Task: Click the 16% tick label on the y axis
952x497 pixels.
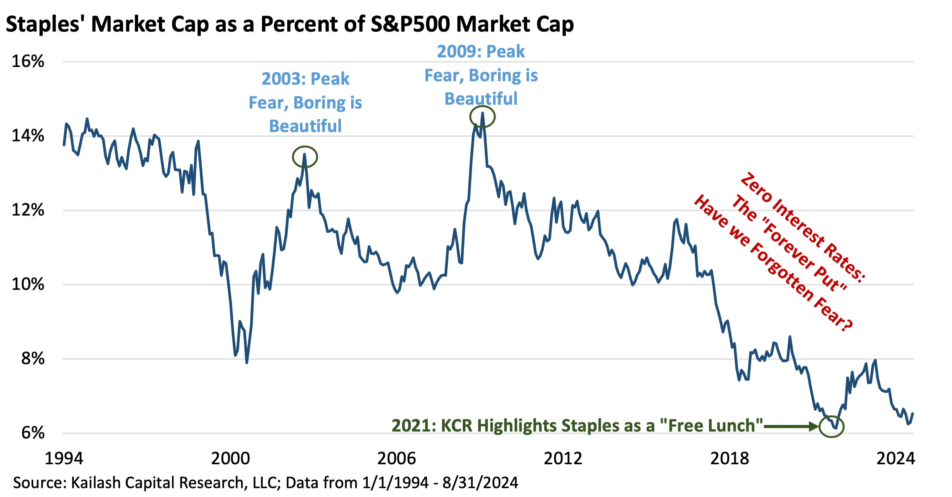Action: (x=28, y=62)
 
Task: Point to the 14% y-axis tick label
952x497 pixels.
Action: (x=28, y=136)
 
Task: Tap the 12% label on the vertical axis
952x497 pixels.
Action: (x=28, y=210)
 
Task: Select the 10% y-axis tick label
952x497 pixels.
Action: (x=28, y=284)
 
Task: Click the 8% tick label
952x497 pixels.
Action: (x=33, y=359)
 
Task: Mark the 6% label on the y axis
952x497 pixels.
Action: (x=33, y=433)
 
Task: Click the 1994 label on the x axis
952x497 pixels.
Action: (x=64, y=459)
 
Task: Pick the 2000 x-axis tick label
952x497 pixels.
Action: (x=230, y=459)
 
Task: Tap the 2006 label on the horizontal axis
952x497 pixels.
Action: (x=397, y=459)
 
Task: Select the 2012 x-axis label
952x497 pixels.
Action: (x=563, y=459)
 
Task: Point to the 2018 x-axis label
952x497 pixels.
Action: (x=730, y=459)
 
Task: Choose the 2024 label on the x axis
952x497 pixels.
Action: (x=895, y=459)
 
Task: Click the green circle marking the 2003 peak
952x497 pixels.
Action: (x=305, y=157)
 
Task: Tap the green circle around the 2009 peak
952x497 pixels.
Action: (x=482, y=117)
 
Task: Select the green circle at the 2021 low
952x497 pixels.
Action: (x=832, y=426)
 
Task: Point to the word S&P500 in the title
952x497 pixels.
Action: (x=410, y=24)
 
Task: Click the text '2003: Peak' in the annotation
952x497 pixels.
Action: (x=305, y=79)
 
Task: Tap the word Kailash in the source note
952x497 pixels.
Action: (x=97, y=482)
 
